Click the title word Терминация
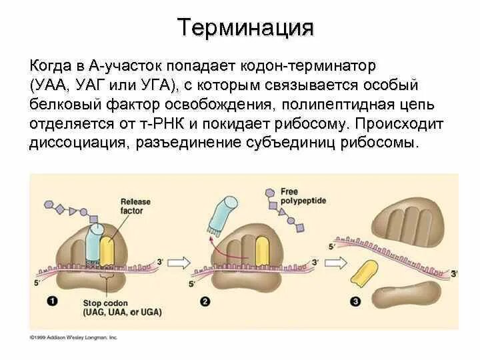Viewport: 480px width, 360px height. pyautogui.click(x=245, y=28)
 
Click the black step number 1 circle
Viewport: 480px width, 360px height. pyautogui.click(x=52, y=302)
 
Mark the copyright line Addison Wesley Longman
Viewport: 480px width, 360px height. pyautogui.click(x=73, y=338)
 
